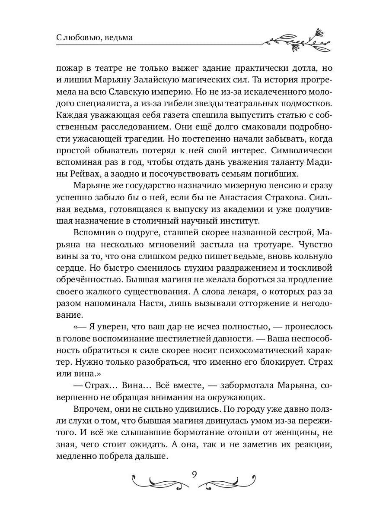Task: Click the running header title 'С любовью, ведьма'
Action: pos(94,38)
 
